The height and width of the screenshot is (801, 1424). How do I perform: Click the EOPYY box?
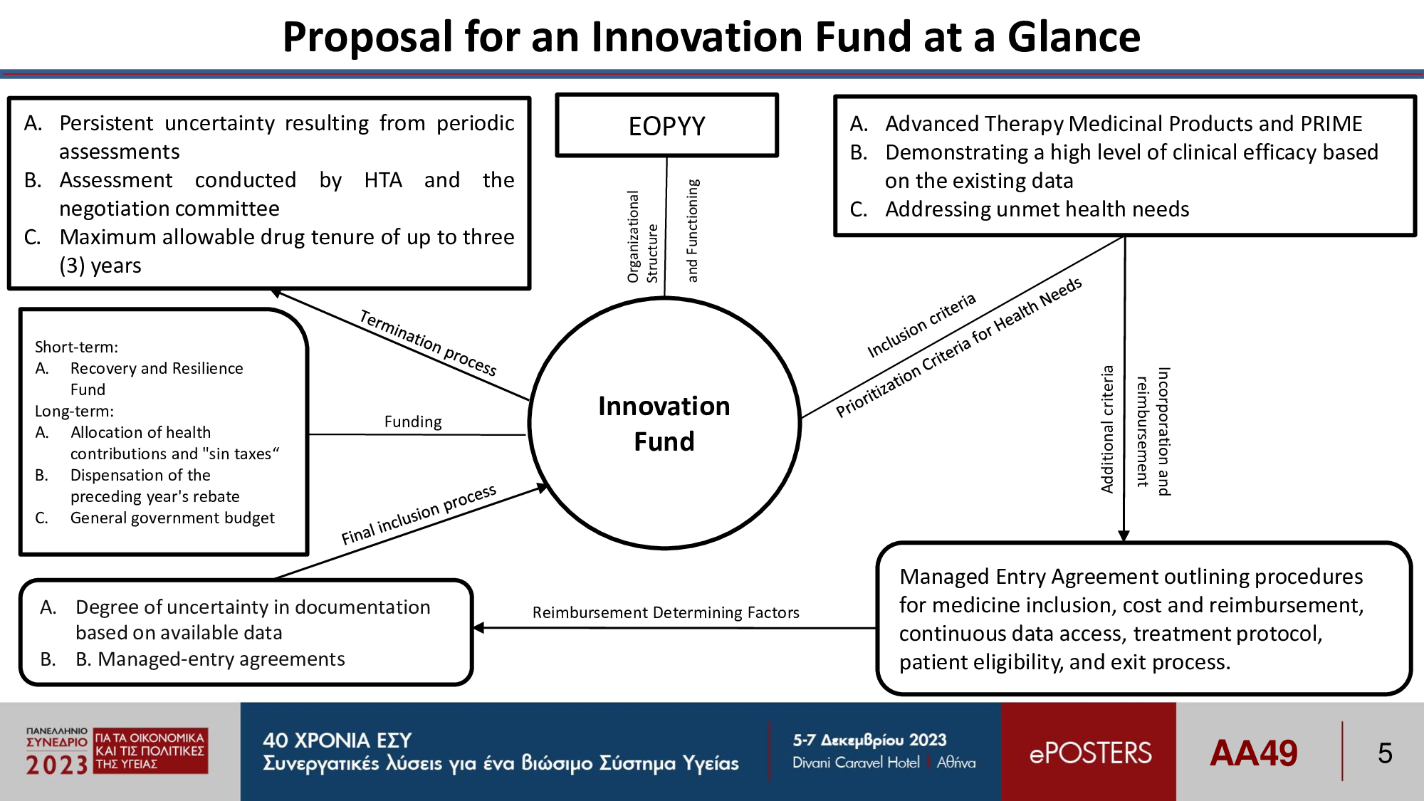pyautogui.click(x=666, y=125)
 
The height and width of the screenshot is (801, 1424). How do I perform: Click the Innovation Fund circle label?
pyautogui.click(x=664, y=424)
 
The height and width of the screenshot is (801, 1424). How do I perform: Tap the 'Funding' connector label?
pyautogui.click(x=413, y=422)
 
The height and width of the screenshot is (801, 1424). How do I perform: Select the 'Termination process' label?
pyautogui.click(x=428, y=342)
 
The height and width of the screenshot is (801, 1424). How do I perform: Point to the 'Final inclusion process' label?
pyautogui.click(x=419, y=515)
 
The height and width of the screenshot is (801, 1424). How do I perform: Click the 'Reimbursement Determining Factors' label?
pyautogui.click(x=666, y=612)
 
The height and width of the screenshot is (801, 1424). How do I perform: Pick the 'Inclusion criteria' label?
pyautogui.click(x=921, y=325)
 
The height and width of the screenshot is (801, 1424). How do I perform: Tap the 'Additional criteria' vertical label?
pyautogui.click(x=1107, y=429)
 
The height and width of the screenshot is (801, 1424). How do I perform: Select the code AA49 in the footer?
pyautogui.click(x=1253, y=753)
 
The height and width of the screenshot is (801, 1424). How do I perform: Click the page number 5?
pyautogui.click(x=1385, y=753)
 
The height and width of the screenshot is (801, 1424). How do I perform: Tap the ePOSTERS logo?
pyautogui.click(x=1090, y=753)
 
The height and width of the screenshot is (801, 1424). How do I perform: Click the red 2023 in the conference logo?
pyautogui.click(x=57, y=765)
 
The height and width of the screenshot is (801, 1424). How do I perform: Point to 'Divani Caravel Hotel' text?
pyautogui.click(x=856, y=763)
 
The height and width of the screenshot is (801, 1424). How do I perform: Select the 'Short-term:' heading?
pyautogui.click(x=77, y=347)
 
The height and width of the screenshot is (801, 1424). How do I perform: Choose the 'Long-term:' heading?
pyautogui.click(x=75, y=412)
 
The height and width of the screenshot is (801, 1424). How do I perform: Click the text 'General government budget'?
pyautogui.click(x=172, y=518)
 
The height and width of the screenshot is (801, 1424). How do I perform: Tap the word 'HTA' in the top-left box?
pyautogui.click(x=383, y=180)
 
